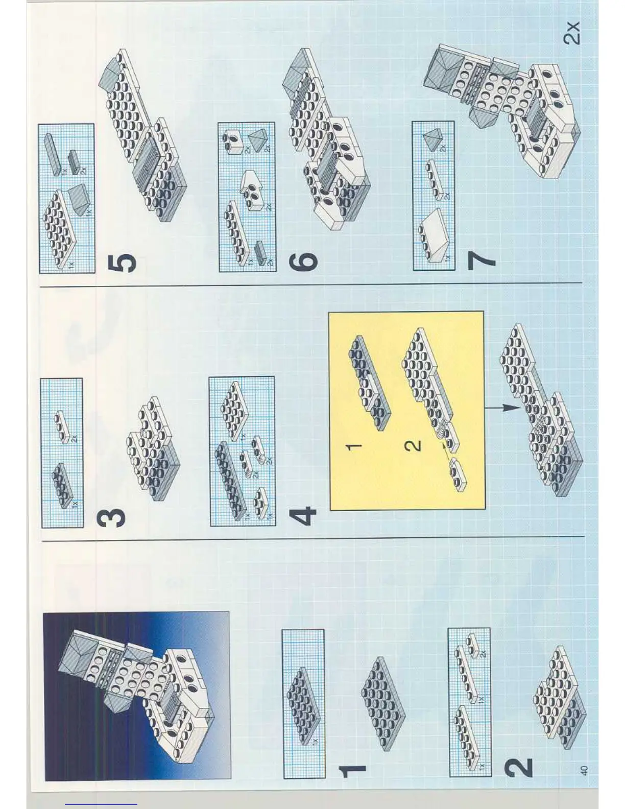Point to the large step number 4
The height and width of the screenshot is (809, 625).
[303, 516]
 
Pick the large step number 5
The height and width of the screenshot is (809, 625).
[123, 263]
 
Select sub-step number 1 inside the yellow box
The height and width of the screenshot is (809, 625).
[354, 446]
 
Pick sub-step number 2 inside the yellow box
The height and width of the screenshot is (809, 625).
[413, 446]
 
